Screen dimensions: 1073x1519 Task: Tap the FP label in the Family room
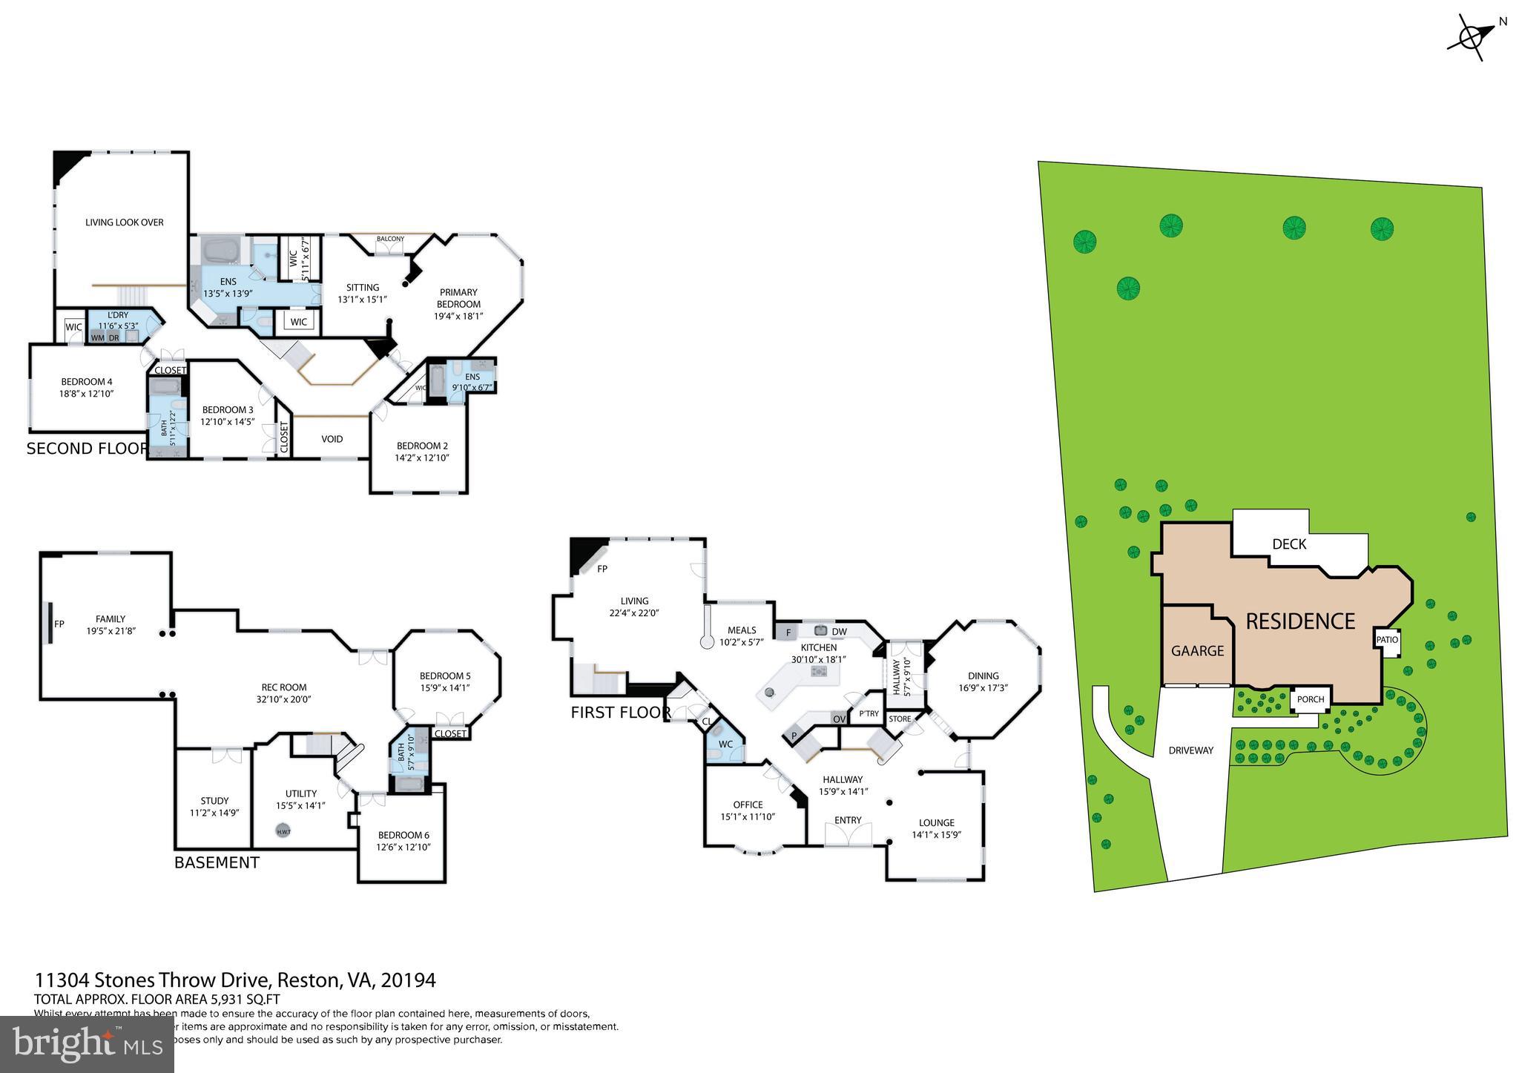(59, 624)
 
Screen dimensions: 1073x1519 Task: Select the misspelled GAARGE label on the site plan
(1197, 650)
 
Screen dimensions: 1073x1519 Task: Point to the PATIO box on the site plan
(1386, 640)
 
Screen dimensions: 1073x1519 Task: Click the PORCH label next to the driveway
(1311, 699)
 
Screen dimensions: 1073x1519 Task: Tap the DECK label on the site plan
(1289, 544)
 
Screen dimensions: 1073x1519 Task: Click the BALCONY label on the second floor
(390, 239)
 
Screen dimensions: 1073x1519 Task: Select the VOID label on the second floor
(332, 439)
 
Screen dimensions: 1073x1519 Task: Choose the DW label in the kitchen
(839, 632)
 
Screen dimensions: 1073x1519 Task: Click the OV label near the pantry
(839, 719)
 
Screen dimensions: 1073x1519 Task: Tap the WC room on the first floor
(725, 745)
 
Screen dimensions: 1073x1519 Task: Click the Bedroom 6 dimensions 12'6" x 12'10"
(403, 847)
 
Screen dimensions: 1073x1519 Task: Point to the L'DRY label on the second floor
(118, 315)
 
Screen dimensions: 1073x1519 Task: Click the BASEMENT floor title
(217, 862)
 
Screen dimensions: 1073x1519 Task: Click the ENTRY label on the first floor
(848, 820)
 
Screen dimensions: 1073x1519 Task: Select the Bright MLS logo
(88, 1043)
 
